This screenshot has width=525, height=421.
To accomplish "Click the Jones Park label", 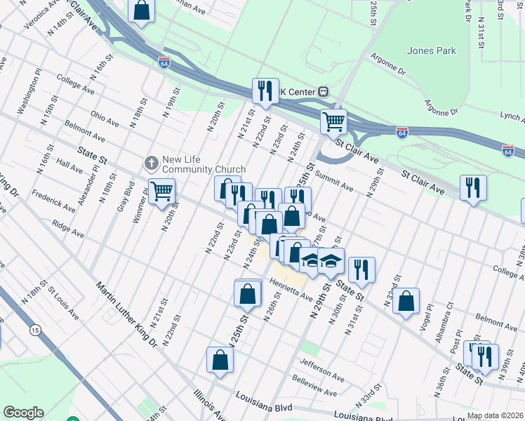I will [431, 51].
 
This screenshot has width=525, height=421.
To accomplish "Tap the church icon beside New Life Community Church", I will [149, 163].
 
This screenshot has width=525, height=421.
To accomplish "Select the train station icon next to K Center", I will [324, 91].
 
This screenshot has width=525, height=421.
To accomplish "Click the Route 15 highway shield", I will [34, 328].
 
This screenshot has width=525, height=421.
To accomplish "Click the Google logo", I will [23, 413].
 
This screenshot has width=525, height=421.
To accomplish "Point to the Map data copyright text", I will [495, 415].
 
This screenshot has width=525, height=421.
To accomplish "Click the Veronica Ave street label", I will [39, 11].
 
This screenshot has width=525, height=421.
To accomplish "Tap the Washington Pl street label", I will [29, 91].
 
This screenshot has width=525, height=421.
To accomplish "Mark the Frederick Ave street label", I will [53, 199].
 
